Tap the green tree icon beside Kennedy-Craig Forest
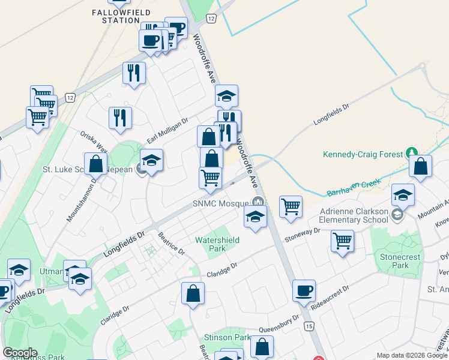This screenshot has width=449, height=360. [x=411, y=154]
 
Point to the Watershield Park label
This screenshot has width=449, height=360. [x=217, y=244]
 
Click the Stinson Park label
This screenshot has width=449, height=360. [x=227, y=337]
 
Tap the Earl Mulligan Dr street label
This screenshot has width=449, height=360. [x=167, y=131]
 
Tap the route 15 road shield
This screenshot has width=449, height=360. [x=309, y=326]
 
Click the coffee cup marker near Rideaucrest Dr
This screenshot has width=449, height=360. [x=304, y=290]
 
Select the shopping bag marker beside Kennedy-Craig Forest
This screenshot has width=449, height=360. [x=421, y=167]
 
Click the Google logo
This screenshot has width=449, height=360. [x=20, y=353]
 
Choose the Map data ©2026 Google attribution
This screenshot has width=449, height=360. [x=412, y=355]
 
